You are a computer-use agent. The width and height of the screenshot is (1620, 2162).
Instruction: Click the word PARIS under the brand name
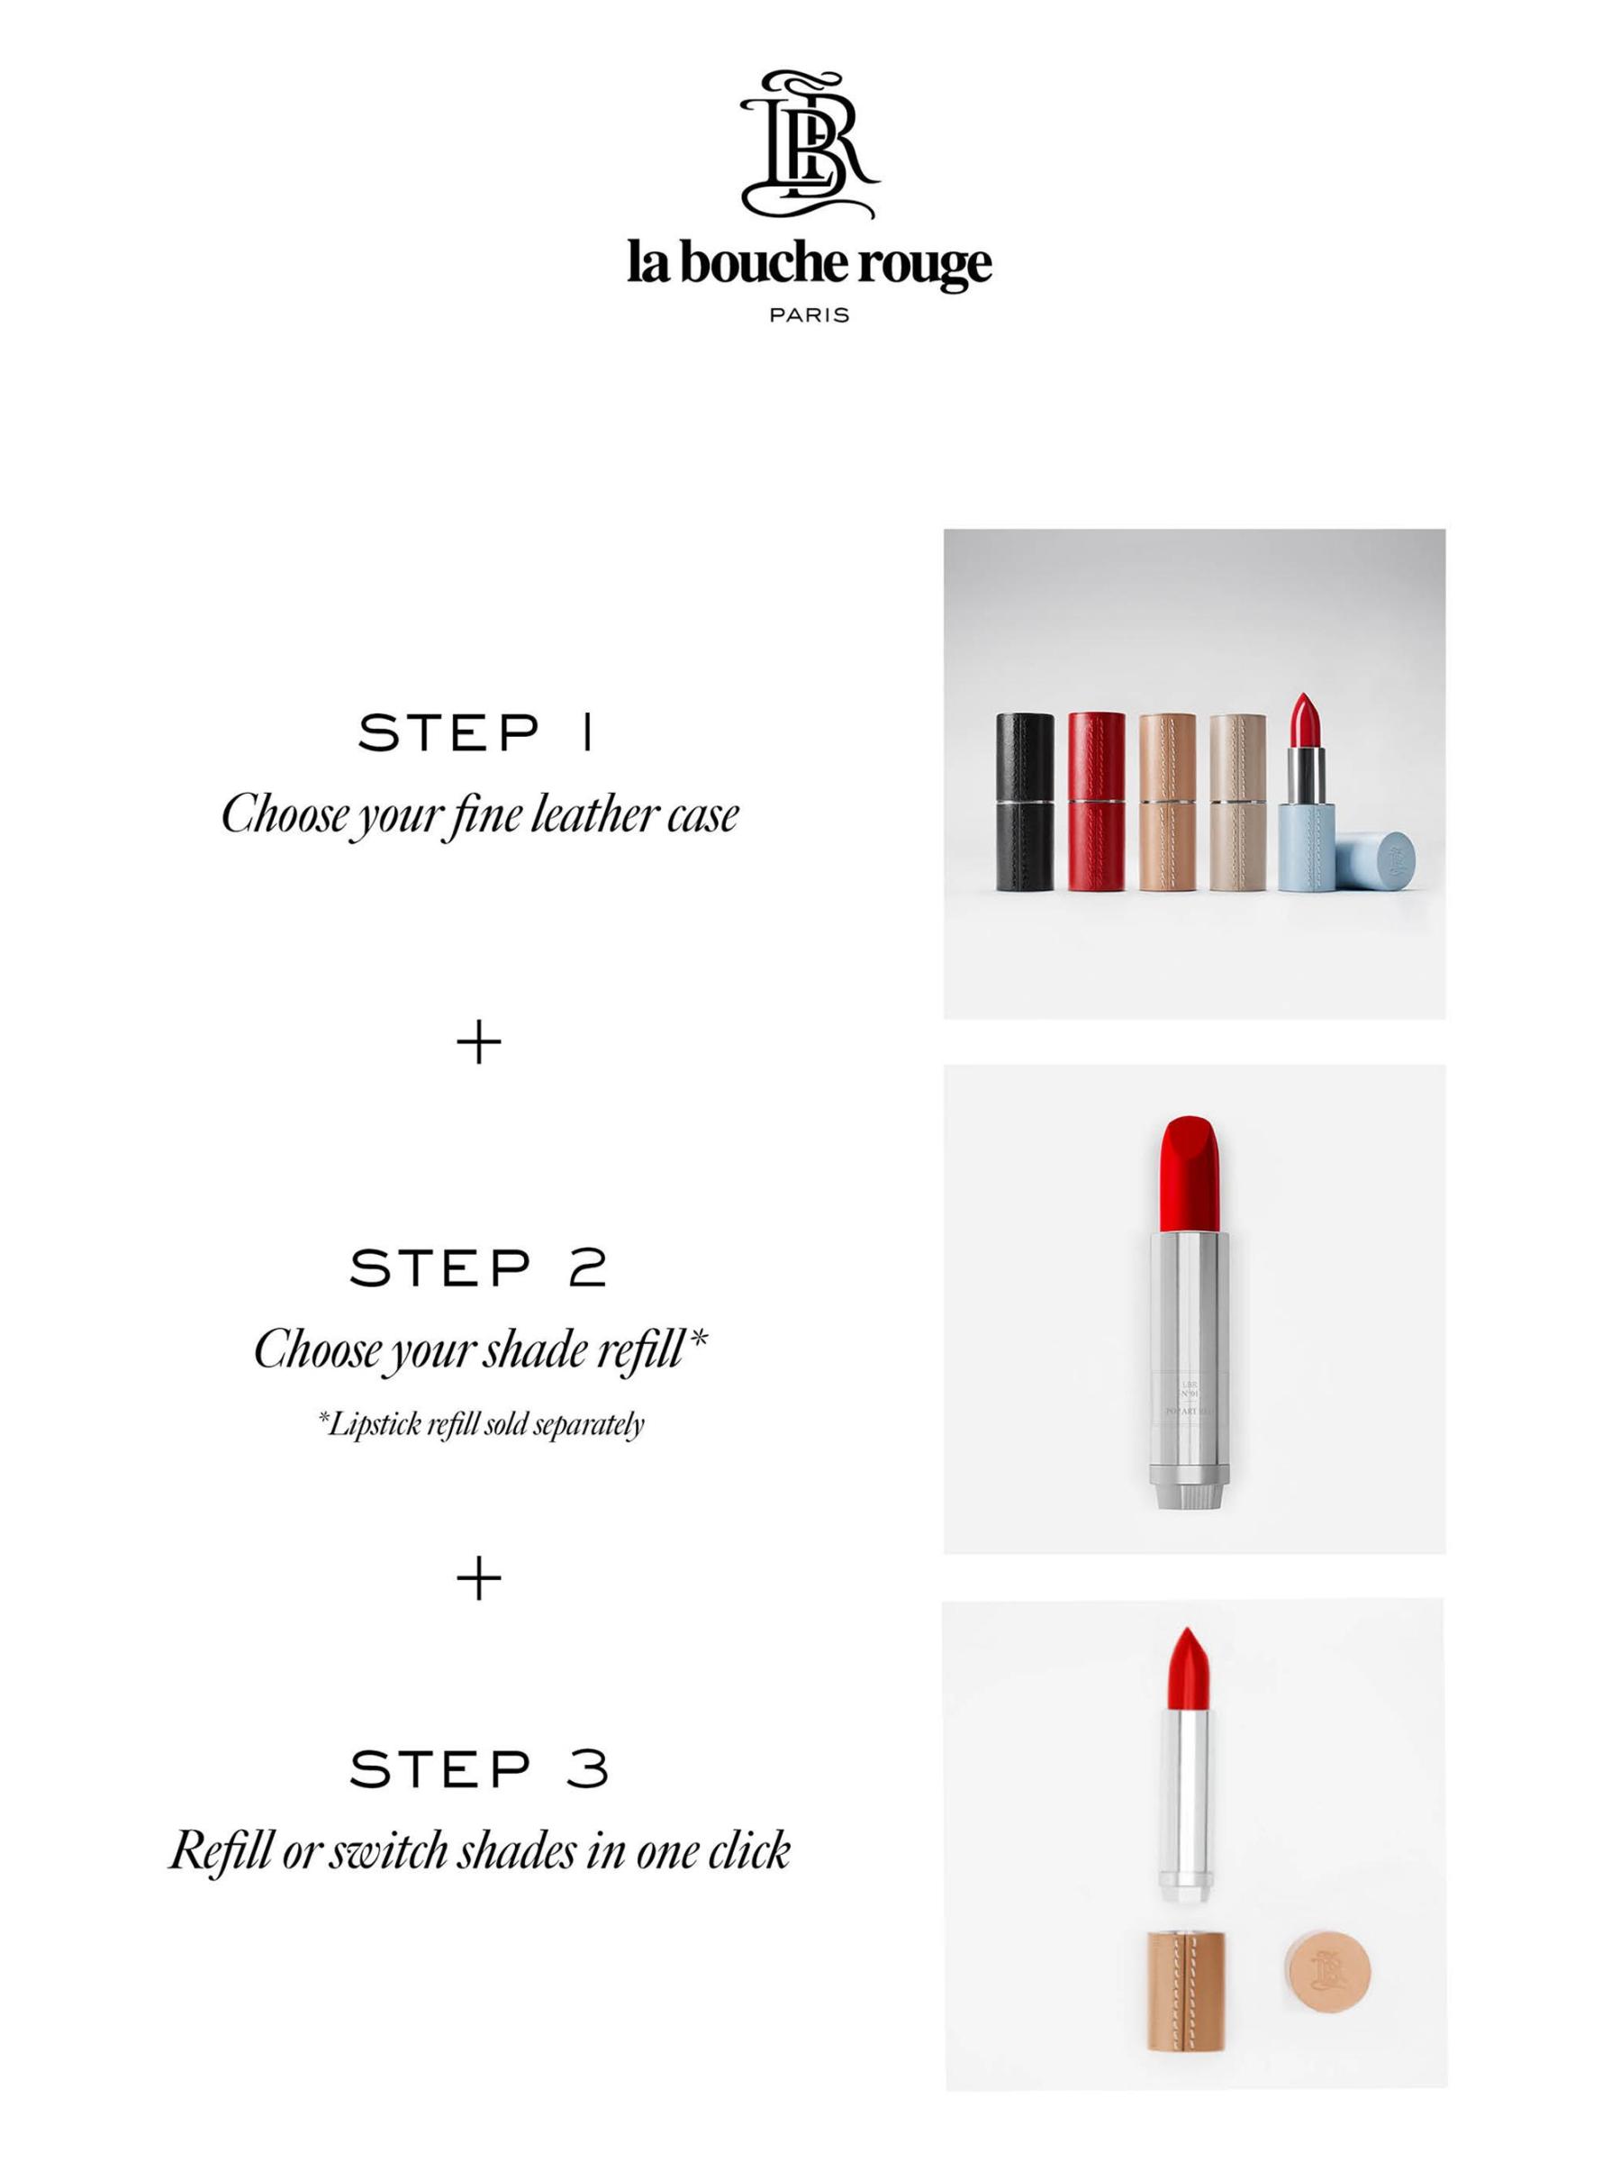pos(809,314)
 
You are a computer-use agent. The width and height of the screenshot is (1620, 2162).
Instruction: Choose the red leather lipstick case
pos(1096,802)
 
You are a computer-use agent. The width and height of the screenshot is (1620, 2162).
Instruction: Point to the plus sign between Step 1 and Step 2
pos(479,1044)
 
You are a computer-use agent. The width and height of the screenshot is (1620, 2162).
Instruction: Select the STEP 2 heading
pos(479,1268)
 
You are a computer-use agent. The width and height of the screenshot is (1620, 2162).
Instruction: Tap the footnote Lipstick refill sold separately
pos(481,1423)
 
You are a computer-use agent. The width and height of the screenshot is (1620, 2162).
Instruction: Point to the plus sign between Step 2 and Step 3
pos(479,1579)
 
